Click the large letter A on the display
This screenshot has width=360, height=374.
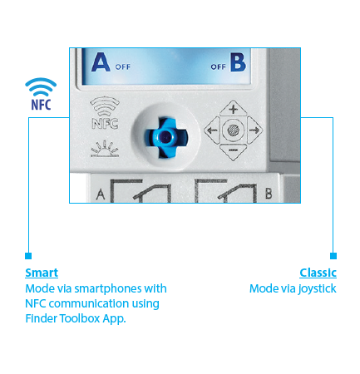point(101,62)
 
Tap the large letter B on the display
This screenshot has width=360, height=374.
point(238,62)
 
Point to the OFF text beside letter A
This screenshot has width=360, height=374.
point(123,66)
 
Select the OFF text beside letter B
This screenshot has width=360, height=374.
point(218,66)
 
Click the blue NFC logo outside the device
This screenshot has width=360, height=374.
point(41,94)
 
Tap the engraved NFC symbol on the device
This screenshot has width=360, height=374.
point(105,113)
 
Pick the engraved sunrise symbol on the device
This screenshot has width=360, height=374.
point(105,149)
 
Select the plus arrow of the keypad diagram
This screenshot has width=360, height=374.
point(233,109)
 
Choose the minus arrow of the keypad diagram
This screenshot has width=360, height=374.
point(233,151)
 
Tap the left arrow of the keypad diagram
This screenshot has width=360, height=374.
point(212,130)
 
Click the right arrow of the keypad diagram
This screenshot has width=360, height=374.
point(254,130)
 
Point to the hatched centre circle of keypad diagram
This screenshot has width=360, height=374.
point(233,130)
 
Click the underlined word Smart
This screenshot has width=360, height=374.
point(42,273)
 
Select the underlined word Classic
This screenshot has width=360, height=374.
point(318,273)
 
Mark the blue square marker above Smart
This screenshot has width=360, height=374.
point(28,256)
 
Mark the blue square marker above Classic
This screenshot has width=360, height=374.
point(333,256)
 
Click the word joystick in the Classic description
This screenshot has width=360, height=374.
point(317,289)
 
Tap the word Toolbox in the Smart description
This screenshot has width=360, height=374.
point(80,318)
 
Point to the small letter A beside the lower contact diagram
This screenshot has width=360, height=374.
point(101,194)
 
